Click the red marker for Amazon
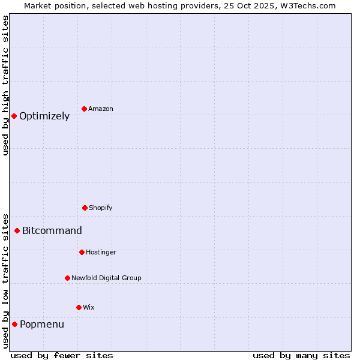click(x=85, y=109)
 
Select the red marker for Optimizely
click(x=14, y=116)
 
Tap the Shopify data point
click(x=85, y=208)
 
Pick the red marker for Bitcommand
click(x=17, y=230)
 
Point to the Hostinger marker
click(x=82, y=252)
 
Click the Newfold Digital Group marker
click(x=67, y=278)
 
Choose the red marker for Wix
click(x=79, y=307)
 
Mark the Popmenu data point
click(x=14, y=324)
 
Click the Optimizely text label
click(x=44, y=116)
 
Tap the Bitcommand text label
click(x=52, y=231)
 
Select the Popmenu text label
click(x=42, y=325)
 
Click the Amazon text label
click(x=101, y=109)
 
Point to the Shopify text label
click(x=101, y=208)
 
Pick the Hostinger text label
click(x=101, y=253)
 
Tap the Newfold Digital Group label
click(x=106, y=278)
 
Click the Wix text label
click(x=89, y=308)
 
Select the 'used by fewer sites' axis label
click(x=62, y=355)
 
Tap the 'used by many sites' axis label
click(x=301, y=355)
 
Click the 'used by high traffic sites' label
click(x=5, y=85)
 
